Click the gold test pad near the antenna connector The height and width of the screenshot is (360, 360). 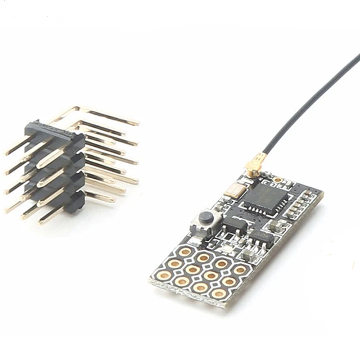[277, 180]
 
